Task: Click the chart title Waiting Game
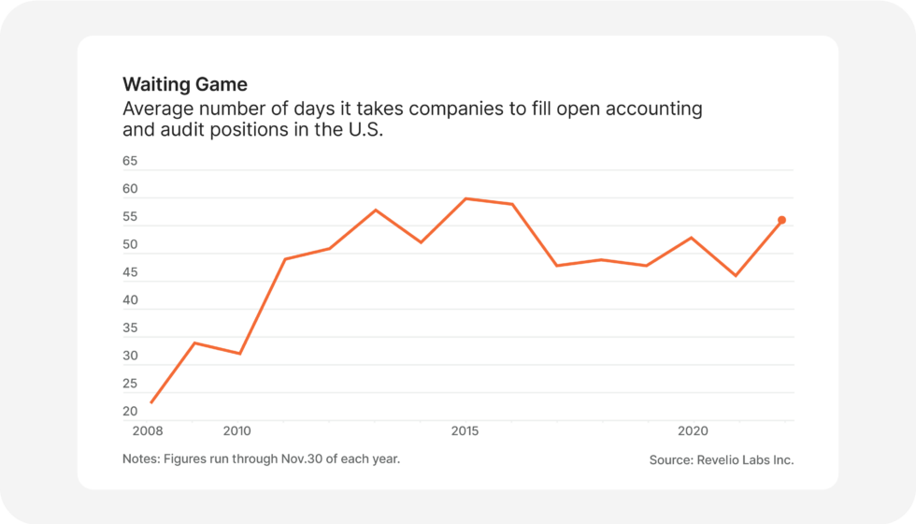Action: point(185,85)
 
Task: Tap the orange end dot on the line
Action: point(781,221)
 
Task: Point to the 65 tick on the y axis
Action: point(130,161)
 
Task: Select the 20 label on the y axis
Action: point(130,412)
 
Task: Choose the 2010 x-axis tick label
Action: point(237,431)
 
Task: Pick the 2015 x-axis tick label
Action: point(465,431)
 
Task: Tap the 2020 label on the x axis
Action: point(692,431)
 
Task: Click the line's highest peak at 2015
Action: point(465,198)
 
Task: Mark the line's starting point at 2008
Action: point(150,402)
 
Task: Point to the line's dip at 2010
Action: point(240,354)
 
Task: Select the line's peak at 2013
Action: point(375,210)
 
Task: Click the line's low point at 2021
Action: point(736,276)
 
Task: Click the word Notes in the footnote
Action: point(140,459)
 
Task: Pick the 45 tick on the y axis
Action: point(130,272)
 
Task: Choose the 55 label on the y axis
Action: point(130,217)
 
